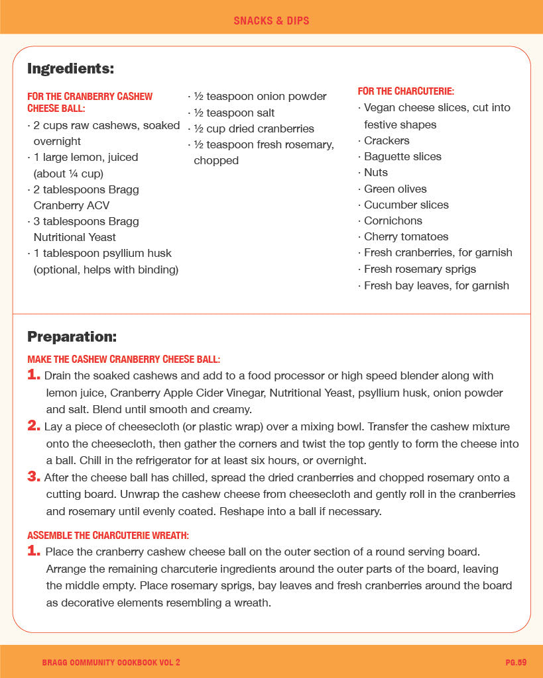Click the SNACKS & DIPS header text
click(x=271, y=21)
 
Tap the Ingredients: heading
click(x=70, y=68)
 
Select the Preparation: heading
click(x=72, y=336)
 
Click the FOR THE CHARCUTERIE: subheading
click(x=406, y=91)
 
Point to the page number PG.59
click(x=515, y=662)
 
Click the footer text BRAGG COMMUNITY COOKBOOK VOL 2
click(x=111, y=662)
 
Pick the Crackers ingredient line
click(x=387, y=140)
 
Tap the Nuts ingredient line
click(x=375, y=172)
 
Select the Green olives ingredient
click(x=395, y=189)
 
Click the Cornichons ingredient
click(x=392, y=220)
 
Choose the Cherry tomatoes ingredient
click(x=406, y=236)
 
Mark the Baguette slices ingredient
click(x=402, y=156)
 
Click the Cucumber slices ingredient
click(x=406, y=205)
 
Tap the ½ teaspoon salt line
click(x=234, y=113)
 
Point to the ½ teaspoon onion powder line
click(x=260, y=97)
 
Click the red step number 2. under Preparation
click(x=34, y=426)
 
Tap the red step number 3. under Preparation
click(x=34, y=476)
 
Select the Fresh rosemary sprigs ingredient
click(x=420, y=269)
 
